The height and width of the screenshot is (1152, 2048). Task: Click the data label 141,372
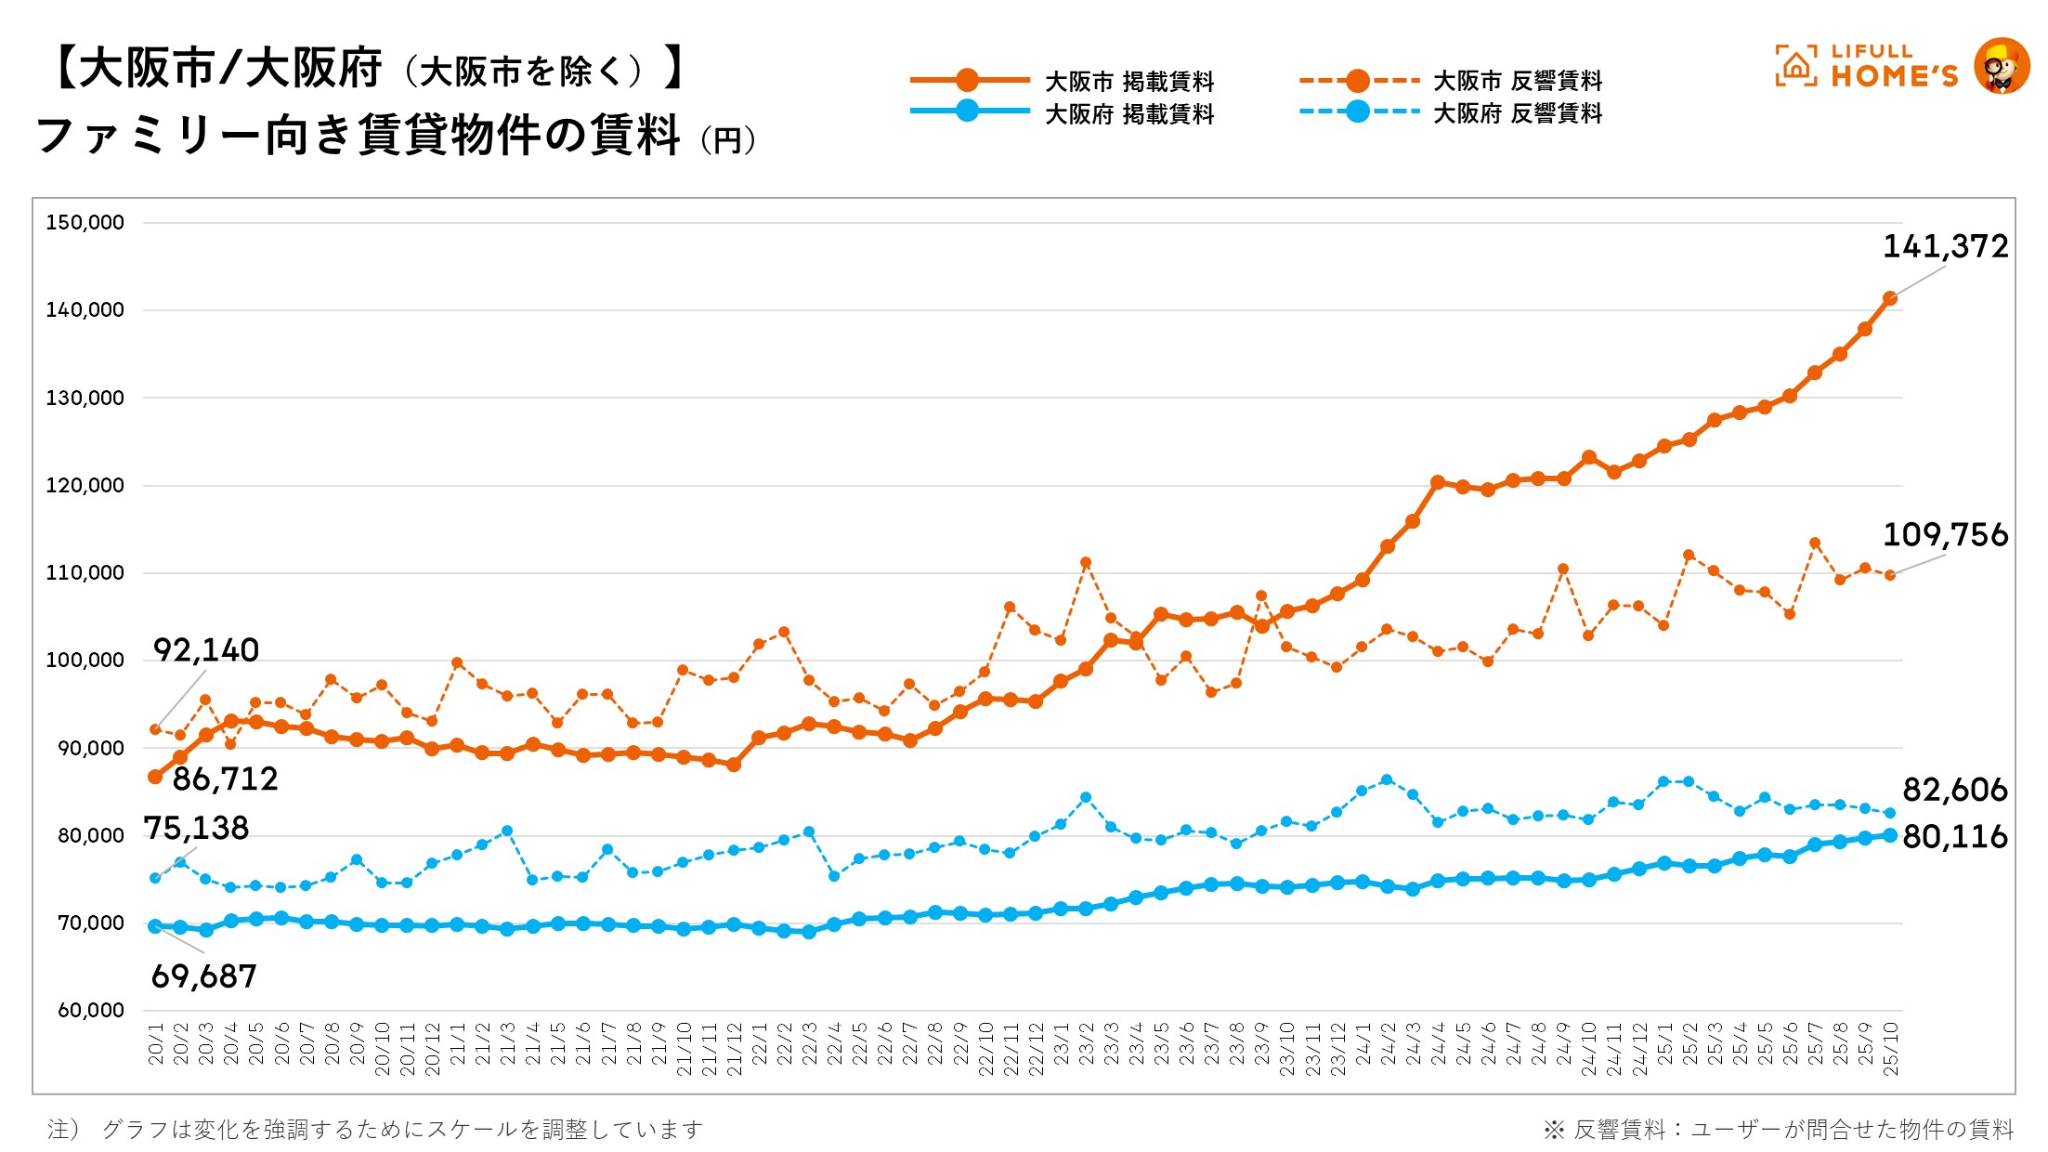[x=1945, y=246]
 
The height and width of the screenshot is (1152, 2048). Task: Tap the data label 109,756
[x=1945, y=535]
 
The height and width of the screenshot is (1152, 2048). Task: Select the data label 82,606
[x=1955, y=790]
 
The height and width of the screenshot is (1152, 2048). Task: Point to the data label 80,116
[x=1955, y=837]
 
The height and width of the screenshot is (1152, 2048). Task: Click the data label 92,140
[x=205, y=650]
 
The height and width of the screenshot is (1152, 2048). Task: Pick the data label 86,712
[x=225, y=779]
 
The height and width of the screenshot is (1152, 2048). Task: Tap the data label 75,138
[x=196, y=828]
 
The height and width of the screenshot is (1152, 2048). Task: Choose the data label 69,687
[x=203, y=976]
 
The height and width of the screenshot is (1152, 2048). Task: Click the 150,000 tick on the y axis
[x=85, y=223]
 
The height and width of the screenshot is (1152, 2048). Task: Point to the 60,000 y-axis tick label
[x=90, y=1011]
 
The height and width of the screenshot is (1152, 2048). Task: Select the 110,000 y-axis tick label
[x=85, y=573]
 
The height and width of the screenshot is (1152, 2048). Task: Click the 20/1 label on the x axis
[x=156, y=1044]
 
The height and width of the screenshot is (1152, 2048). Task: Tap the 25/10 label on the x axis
[x=1890, y=1049]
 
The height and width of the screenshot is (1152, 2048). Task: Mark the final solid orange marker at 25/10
[x=1890, y=298]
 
